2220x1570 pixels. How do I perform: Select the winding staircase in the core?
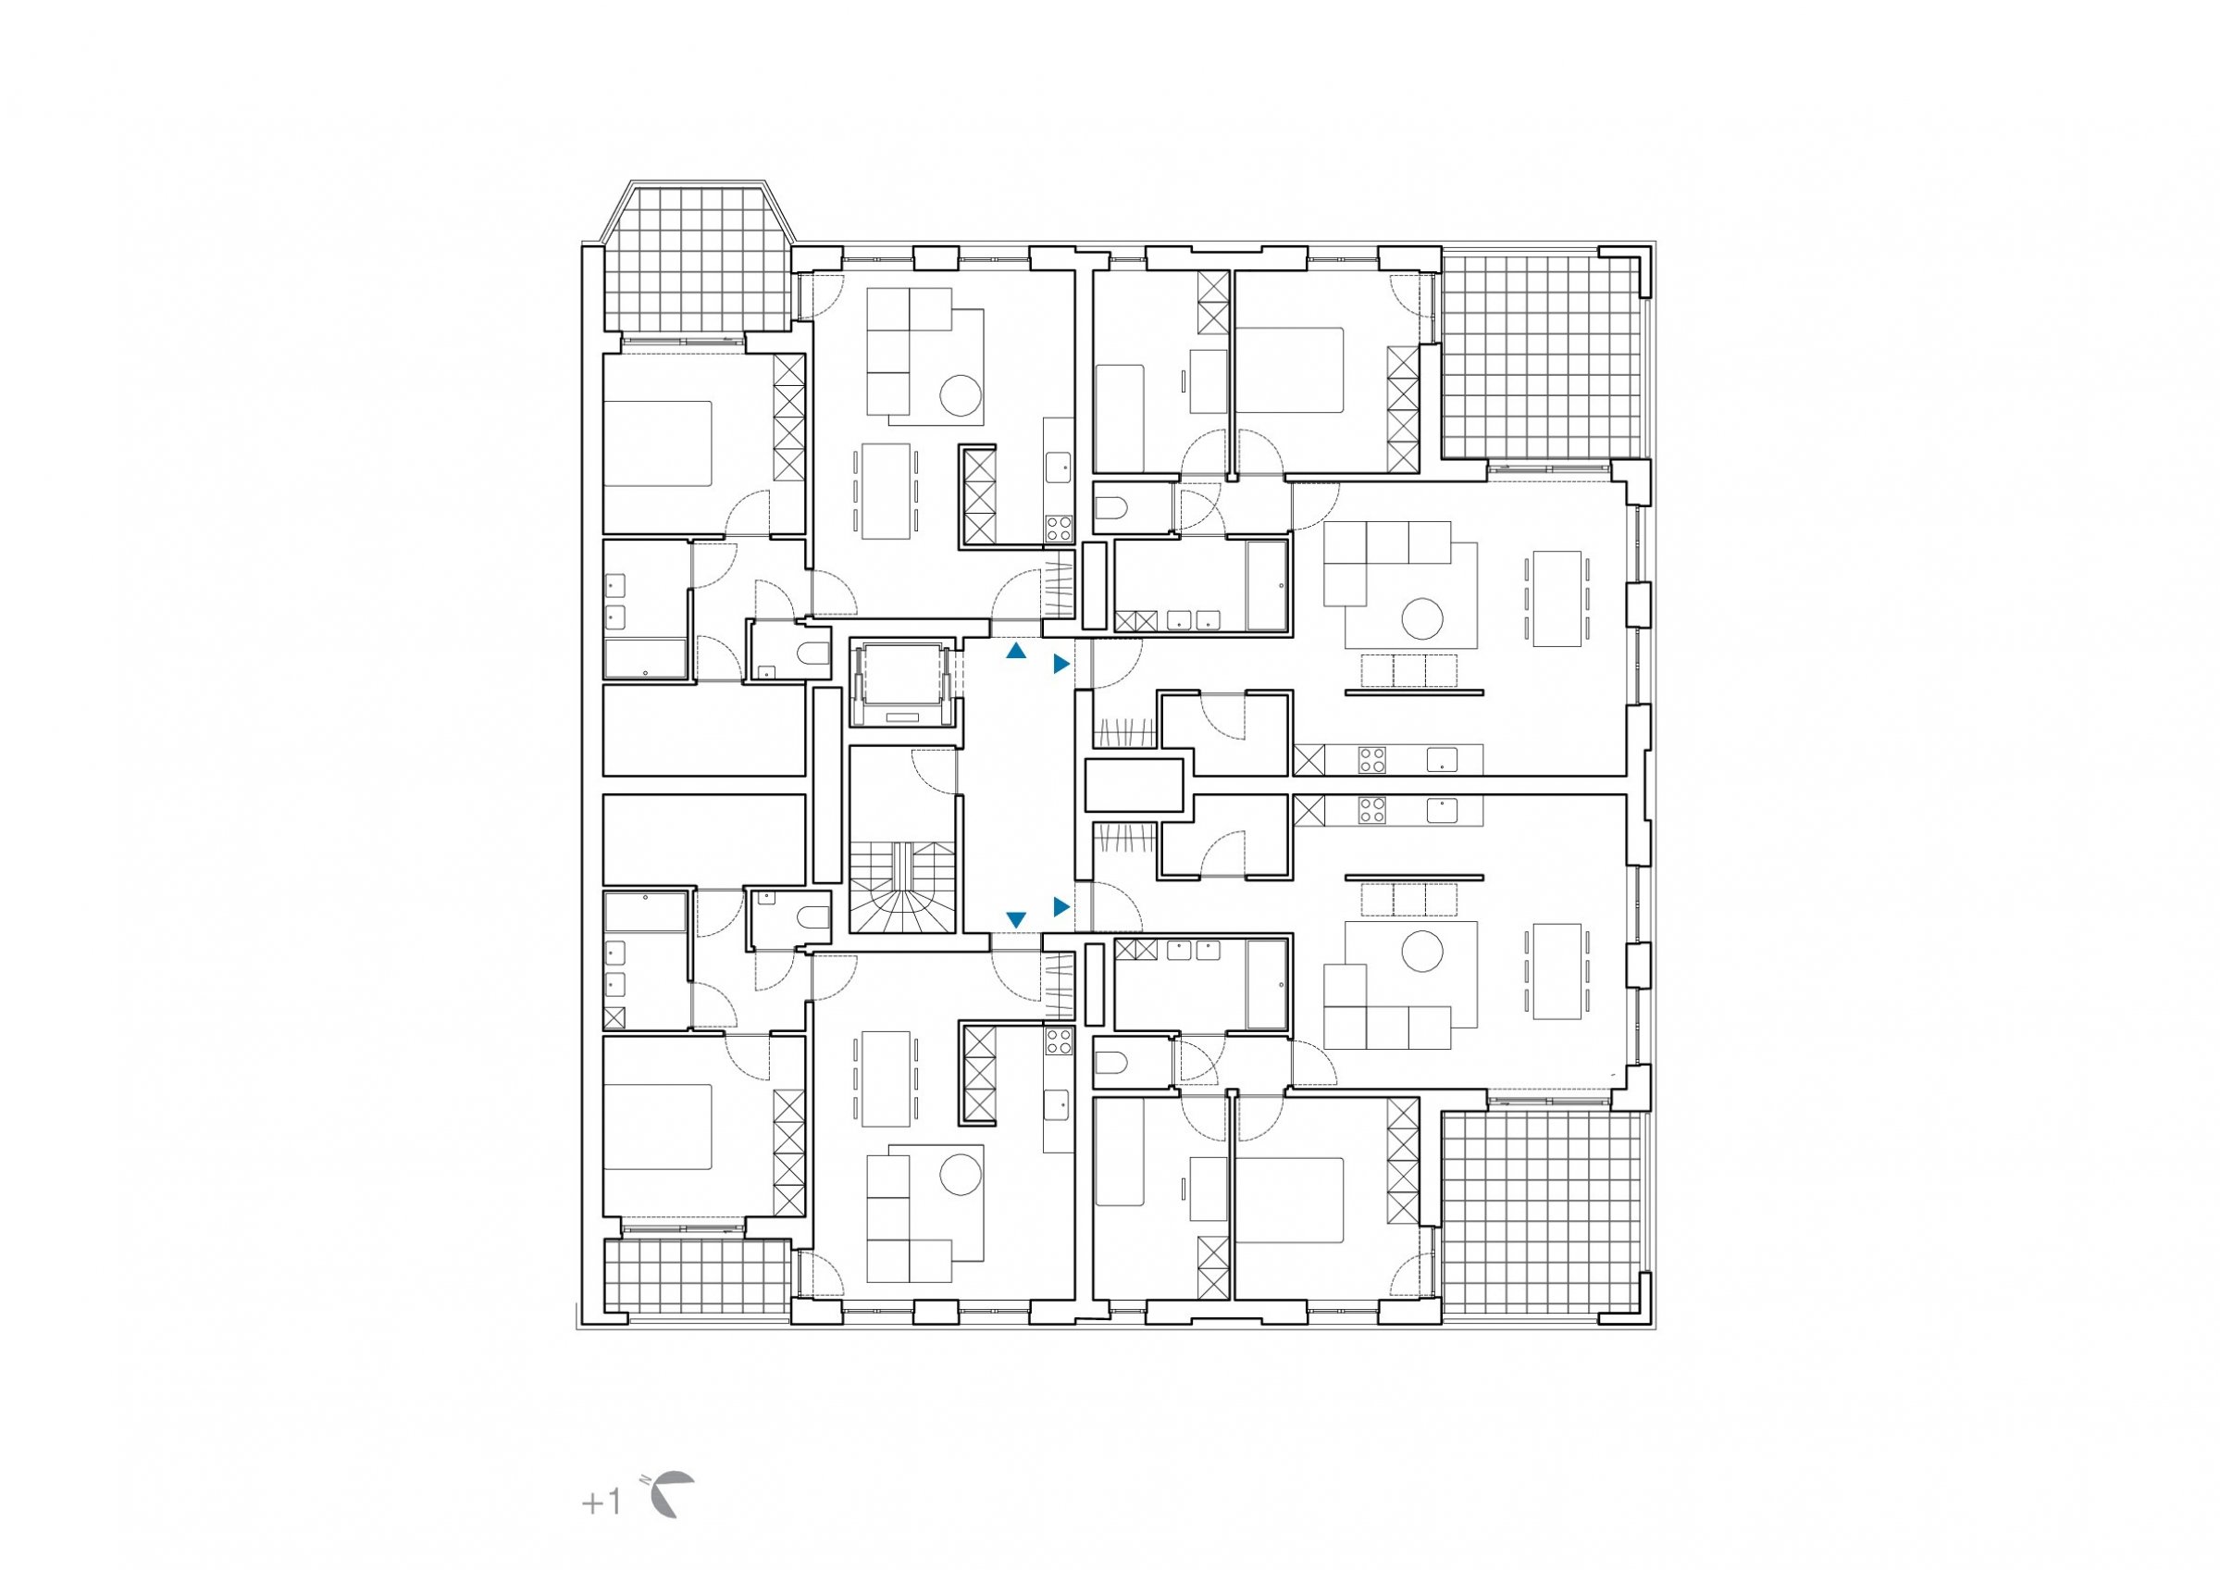(902, 888)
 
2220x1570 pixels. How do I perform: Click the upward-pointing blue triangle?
(1015, 652)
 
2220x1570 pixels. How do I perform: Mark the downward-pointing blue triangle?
(1016, 919)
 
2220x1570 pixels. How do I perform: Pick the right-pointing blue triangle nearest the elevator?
(1061, 664)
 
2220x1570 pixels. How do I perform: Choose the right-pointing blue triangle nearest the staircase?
(1061, 906)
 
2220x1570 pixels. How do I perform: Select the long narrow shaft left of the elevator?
(826, 783)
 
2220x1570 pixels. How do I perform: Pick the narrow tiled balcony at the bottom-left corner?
(697, 1277)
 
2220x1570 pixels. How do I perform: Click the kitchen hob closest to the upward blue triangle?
(1059, 529)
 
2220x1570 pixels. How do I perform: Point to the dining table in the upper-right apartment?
(1556, 598)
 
